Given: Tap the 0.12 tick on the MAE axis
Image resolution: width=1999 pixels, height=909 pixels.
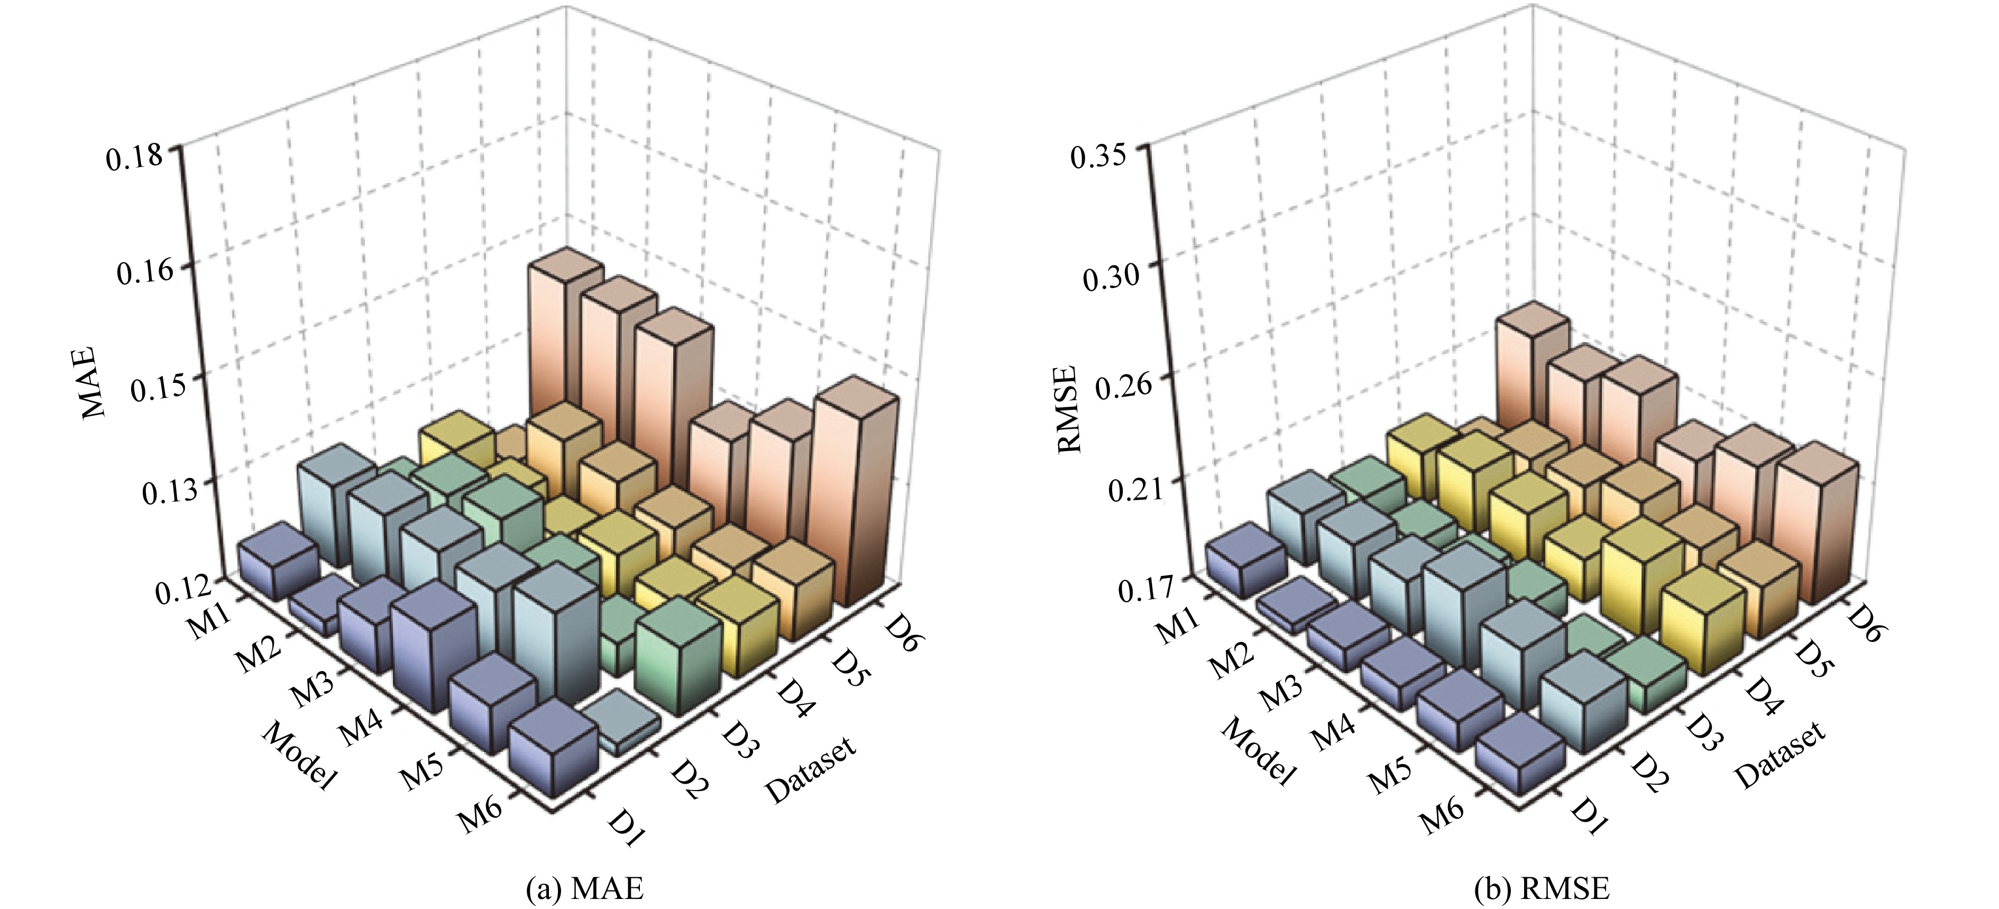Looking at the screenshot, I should point(185,590).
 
